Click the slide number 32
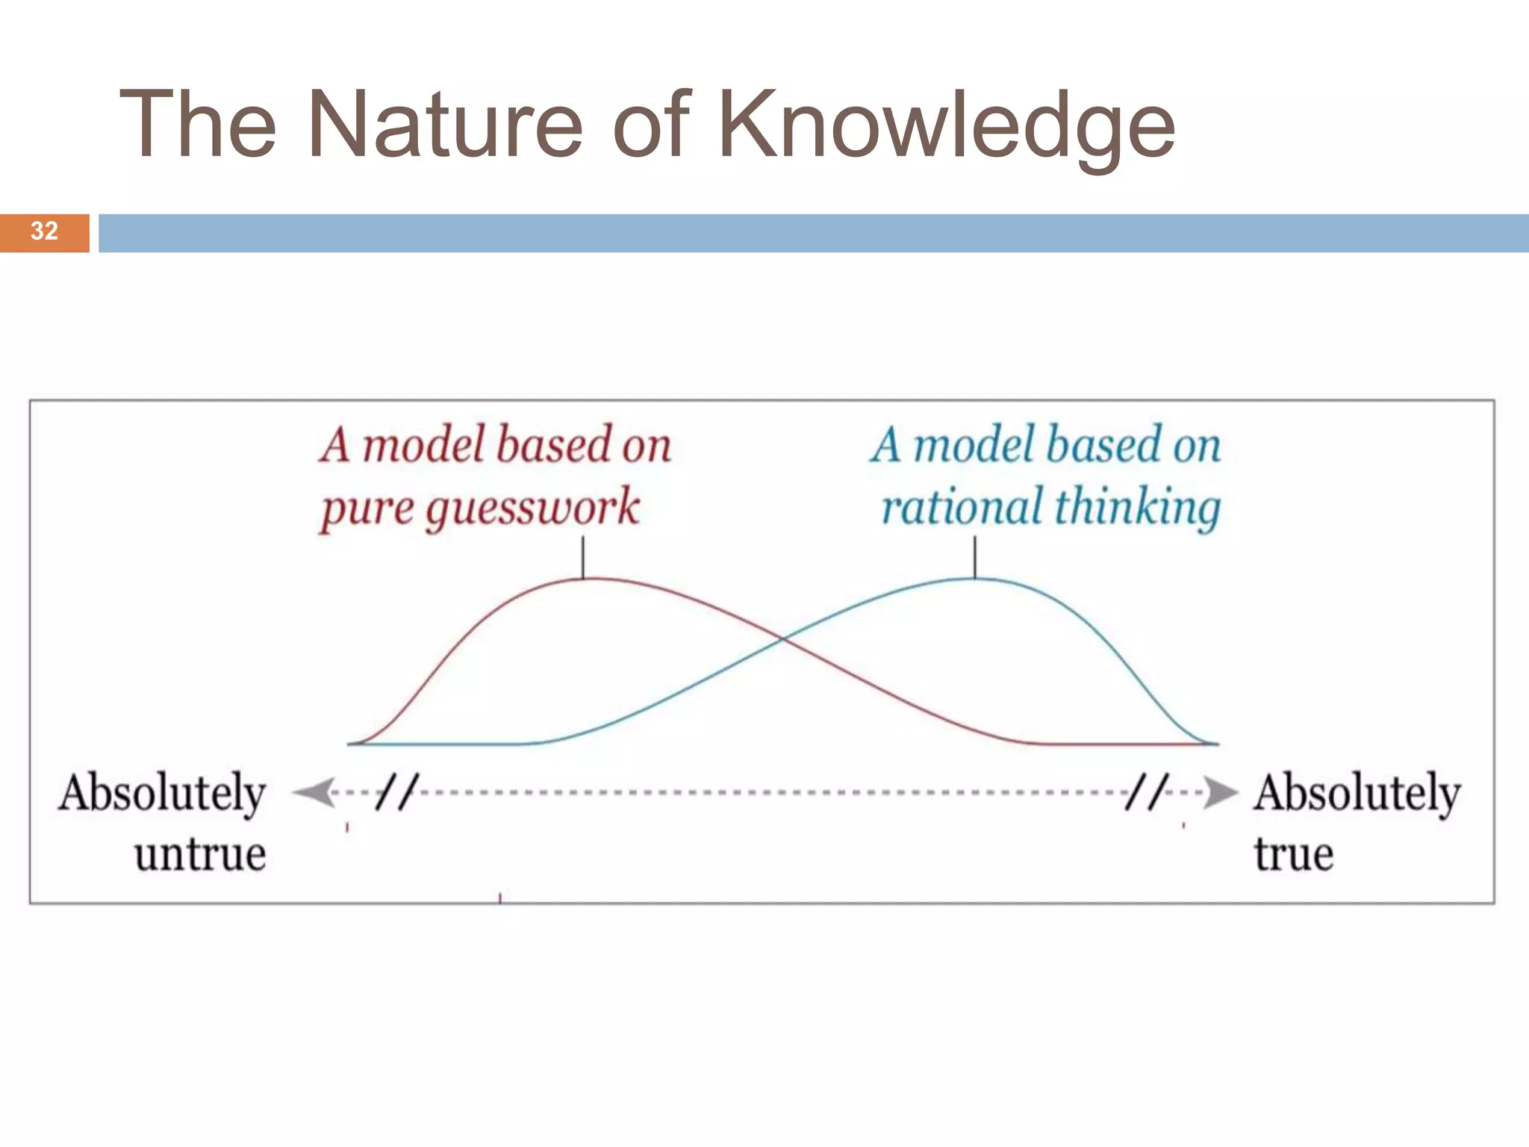44,231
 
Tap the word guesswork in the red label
532,508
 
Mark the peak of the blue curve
971,579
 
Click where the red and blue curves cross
782,638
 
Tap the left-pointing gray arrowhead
314,792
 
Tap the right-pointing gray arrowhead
1220,792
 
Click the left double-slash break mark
396,792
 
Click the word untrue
200,854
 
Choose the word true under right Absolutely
1293,854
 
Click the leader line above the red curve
583,557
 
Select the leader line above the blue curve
974,557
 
